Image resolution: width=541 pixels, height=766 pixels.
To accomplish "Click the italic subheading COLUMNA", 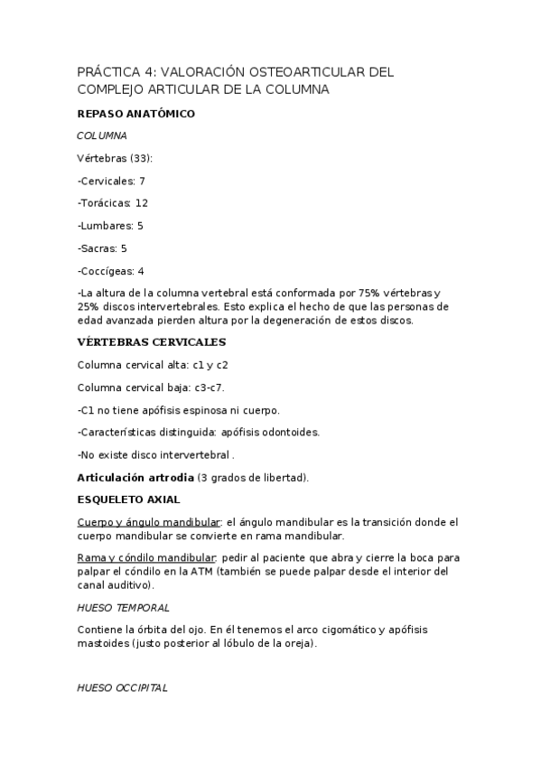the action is tap(102, 135).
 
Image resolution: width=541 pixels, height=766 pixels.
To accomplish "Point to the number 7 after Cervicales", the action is tap(142, 181).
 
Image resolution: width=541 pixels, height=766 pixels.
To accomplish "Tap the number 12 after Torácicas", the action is tap(141, 203).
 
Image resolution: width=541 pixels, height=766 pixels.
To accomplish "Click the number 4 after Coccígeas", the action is tap(141, 271).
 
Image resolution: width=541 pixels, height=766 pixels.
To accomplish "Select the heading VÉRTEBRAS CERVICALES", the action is tap(151, 342).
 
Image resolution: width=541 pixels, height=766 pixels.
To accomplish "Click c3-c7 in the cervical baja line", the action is tap(209, 388).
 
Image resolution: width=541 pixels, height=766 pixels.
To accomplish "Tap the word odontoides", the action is tap(289, 432).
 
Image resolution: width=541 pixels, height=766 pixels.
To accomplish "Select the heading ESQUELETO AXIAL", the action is tap(128, 499).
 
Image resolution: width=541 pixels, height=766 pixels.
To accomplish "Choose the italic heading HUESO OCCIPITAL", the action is tap(123, 687).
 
